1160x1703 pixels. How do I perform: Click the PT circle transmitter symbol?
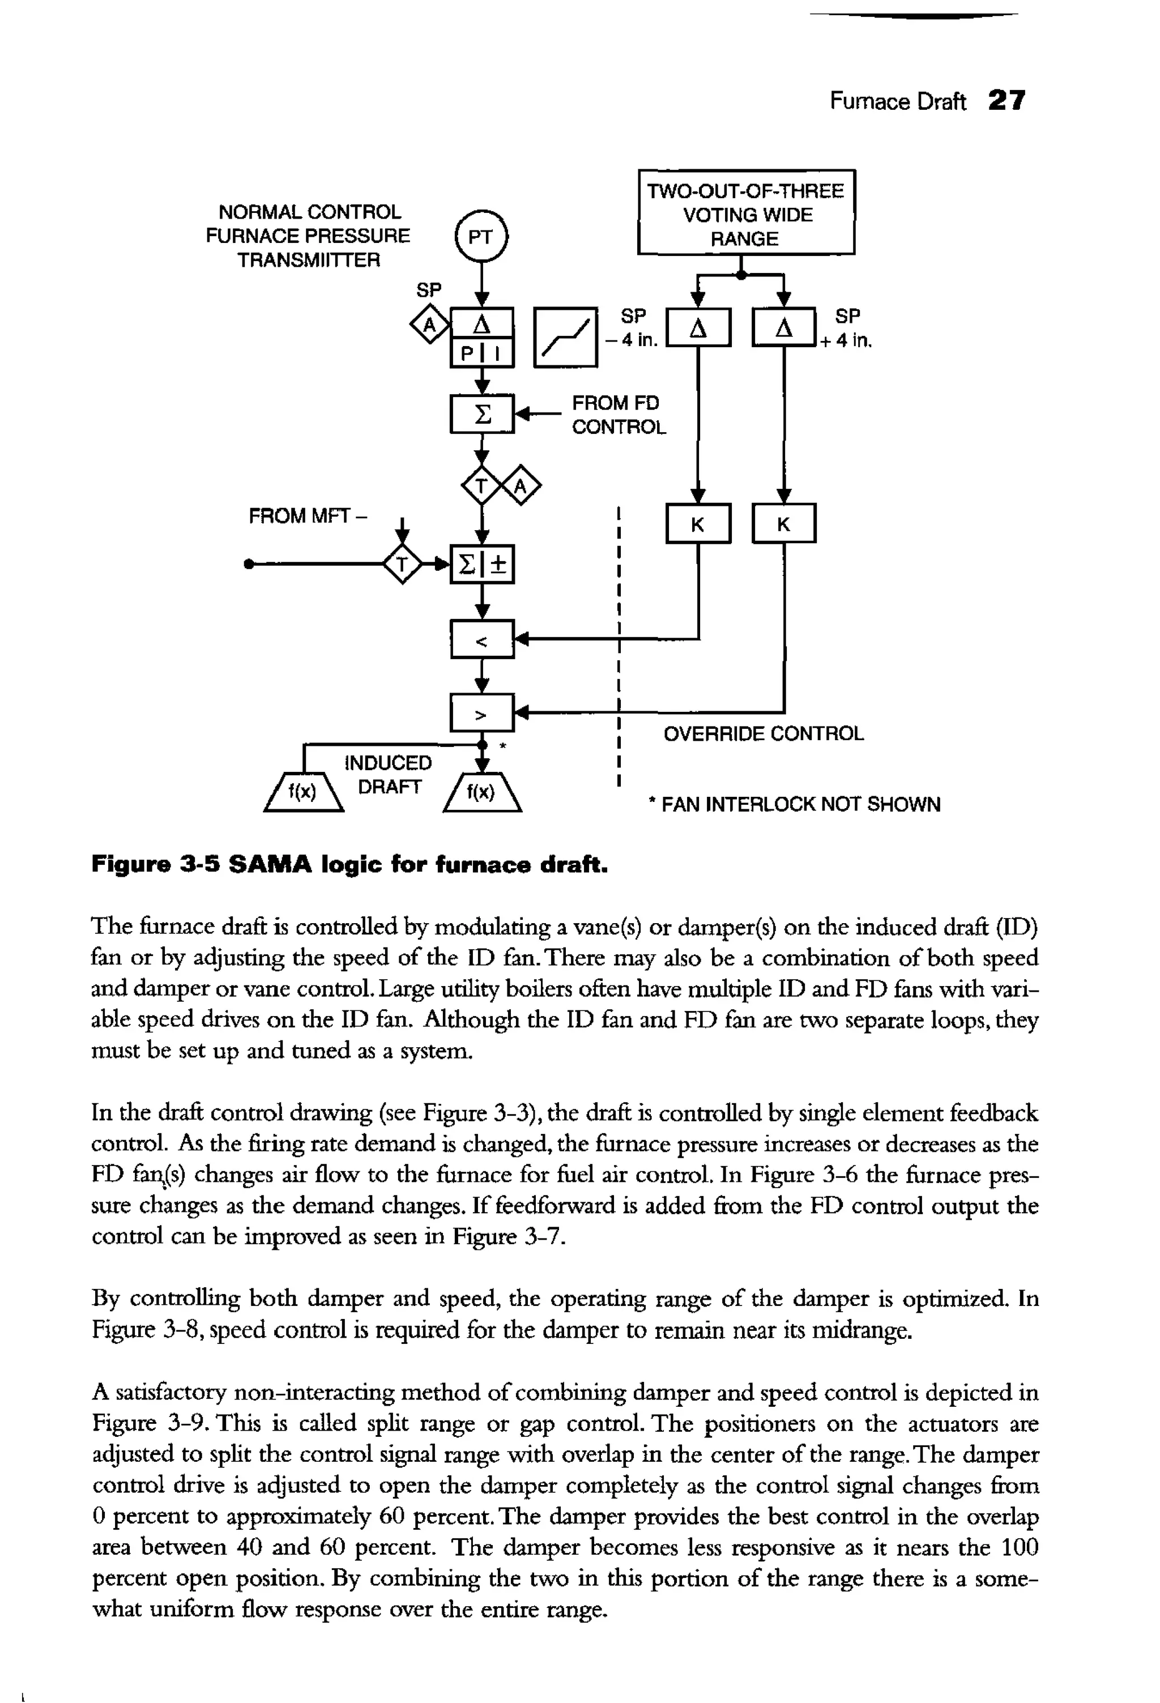[x=481, y=236]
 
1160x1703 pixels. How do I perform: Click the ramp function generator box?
[x=566, y=337]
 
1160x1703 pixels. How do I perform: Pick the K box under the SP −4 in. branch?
[x=698, y=523]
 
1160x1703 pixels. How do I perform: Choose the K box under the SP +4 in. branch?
[x=784, y=523]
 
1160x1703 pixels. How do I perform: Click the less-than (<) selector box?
[x=482, y=641]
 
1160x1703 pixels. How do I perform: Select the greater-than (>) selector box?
[x=482, y=713]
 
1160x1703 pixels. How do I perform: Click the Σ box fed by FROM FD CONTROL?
[x=482, y=414]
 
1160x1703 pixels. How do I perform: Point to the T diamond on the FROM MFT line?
[x=402, y=564]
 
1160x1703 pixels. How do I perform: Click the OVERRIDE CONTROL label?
[x=764, y=733]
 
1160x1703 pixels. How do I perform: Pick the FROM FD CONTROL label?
[x=619, y=415]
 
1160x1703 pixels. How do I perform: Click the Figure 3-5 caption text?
[x=350, y=865]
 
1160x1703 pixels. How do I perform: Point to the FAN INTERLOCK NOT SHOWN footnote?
[x=794, y=805]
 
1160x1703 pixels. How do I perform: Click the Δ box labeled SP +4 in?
[x=784, y=327]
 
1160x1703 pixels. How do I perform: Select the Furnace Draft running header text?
[x=897, y=101]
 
